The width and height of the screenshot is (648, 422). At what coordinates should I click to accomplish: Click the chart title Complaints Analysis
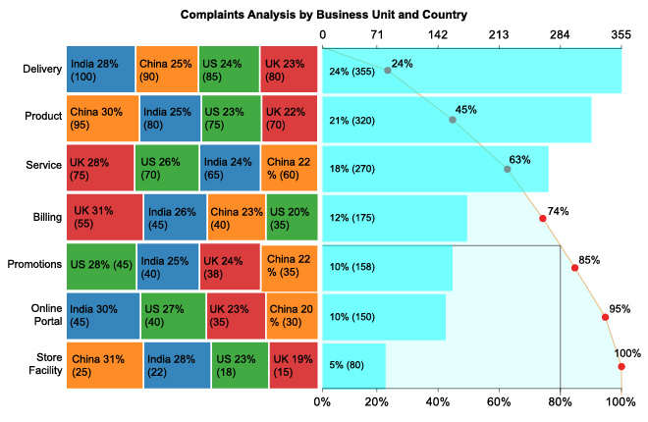[323, 15]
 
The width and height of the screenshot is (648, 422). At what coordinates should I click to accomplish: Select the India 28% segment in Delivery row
[101, 70]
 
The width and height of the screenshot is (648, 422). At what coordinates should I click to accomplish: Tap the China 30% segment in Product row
[103, 119]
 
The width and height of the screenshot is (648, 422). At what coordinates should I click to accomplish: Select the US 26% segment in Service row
[166, 168]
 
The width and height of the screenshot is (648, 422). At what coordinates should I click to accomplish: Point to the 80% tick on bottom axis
[561, 400]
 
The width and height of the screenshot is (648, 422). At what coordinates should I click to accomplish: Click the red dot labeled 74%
[543, 218]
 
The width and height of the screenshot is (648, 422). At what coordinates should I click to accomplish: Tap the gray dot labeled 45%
[453, 120]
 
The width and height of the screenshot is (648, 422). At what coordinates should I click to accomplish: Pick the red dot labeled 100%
[621, 367]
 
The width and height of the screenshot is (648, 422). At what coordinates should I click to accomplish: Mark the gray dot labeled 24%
[388, 71]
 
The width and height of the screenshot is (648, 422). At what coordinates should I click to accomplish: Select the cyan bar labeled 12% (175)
[394, 218]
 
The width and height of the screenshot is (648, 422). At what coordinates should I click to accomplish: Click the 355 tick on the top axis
[621, 35]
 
